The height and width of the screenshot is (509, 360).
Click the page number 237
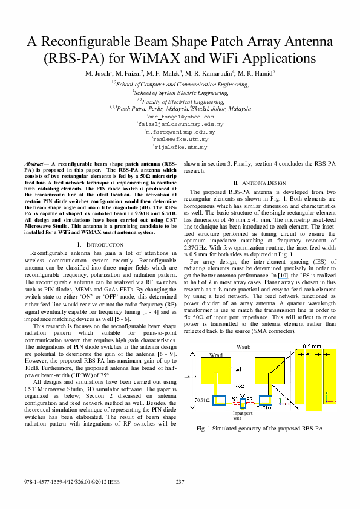tap(180, 481)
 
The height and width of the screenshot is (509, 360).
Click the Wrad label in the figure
tap(215, 355)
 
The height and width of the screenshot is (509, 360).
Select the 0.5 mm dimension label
tap(312, 346)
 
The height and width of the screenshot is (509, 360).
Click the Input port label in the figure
tap(241, 413)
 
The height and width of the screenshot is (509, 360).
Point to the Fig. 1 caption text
tap(260, 428)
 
